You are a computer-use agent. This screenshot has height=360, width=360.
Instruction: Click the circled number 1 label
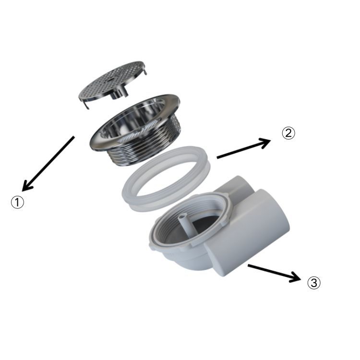pyautogui.click(x=17, y=203)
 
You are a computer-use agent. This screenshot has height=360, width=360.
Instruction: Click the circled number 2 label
pyautogui.click(x=288, y=133)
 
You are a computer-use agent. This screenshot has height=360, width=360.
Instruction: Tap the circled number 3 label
pyautogui.click(x=313, y=283)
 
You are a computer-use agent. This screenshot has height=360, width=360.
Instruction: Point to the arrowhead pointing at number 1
pyautogui.click(x=27, y=186)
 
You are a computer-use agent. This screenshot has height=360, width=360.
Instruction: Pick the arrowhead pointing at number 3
pyautogui.click(x=295, y=277)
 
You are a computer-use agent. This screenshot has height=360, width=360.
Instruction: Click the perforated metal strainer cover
pyautogui.click(x=112, y=82)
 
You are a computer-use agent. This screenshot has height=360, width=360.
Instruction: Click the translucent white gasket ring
pyautogui.click(x=166, y=179)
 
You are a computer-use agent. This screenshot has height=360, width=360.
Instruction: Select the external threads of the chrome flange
pyautogui.click(x=147, y=147)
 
